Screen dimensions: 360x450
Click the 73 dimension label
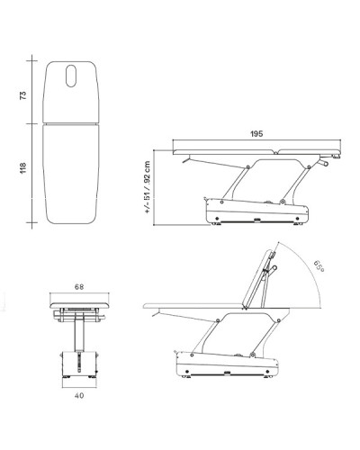23,95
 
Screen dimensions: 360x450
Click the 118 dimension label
23,168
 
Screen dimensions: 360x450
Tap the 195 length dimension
256,133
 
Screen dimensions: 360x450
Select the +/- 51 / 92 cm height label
148,187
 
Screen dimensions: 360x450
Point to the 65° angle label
319,266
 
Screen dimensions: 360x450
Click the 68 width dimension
79,287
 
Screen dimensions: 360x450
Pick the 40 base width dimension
79,396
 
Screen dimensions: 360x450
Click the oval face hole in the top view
71,76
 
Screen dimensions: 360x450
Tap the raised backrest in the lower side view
257,277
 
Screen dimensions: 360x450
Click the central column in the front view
79,332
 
